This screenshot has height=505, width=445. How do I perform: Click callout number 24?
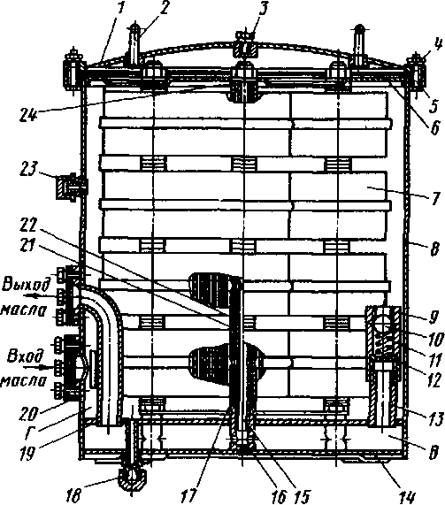(x=28, y=114)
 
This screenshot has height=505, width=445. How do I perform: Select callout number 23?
(x=28, y=169)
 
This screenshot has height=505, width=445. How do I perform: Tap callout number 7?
(x=434, y=198)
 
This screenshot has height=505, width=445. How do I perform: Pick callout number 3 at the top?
(x=264, y=9)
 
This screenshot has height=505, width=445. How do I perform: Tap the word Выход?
(x=27, y=285)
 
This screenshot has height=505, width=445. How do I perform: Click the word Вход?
(x=26, y=356)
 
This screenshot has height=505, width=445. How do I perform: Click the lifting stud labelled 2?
(x=134, y=44)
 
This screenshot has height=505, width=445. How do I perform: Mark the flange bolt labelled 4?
(x=417, y=72)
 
